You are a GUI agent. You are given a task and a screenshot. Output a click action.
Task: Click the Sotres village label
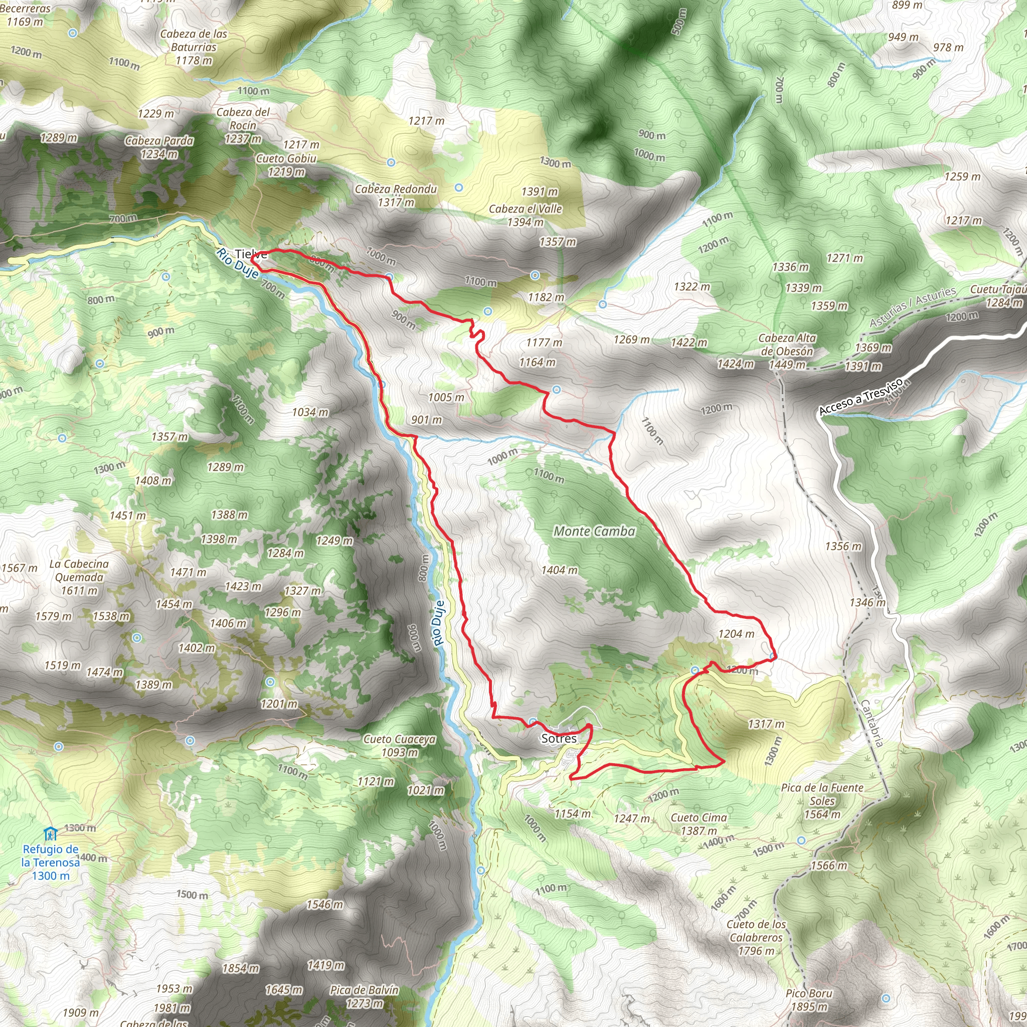[559, 738]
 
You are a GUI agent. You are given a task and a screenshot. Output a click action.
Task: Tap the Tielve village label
[250, 254]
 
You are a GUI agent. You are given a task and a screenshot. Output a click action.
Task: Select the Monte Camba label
[594, 531]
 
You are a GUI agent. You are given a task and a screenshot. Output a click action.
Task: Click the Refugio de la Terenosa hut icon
[50, 833]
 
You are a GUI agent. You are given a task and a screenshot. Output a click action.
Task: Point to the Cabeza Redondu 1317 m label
[396, 196]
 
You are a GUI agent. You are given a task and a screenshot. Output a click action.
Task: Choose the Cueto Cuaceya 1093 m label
[400, 745]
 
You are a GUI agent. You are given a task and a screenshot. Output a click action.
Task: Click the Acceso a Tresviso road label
[861, 397]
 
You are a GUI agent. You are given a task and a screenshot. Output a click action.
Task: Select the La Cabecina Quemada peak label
[79, 577]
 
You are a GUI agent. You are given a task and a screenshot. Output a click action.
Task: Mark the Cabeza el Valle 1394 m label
[525, 215]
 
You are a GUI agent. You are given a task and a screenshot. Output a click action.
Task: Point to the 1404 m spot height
[559, 570]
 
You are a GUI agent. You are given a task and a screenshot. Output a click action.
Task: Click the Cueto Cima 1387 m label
[699, 824]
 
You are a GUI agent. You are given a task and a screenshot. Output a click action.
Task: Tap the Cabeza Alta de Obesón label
[787, 351]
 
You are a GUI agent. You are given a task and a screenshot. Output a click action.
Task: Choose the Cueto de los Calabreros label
[756, 937]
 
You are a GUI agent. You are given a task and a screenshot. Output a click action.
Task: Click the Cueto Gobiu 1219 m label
[286, 165]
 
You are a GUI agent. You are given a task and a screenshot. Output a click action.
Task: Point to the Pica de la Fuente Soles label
[822, 801]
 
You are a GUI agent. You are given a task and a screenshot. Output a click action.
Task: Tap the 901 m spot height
[426, 420]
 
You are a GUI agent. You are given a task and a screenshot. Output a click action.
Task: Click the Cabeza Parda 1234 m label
[159, 147]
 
